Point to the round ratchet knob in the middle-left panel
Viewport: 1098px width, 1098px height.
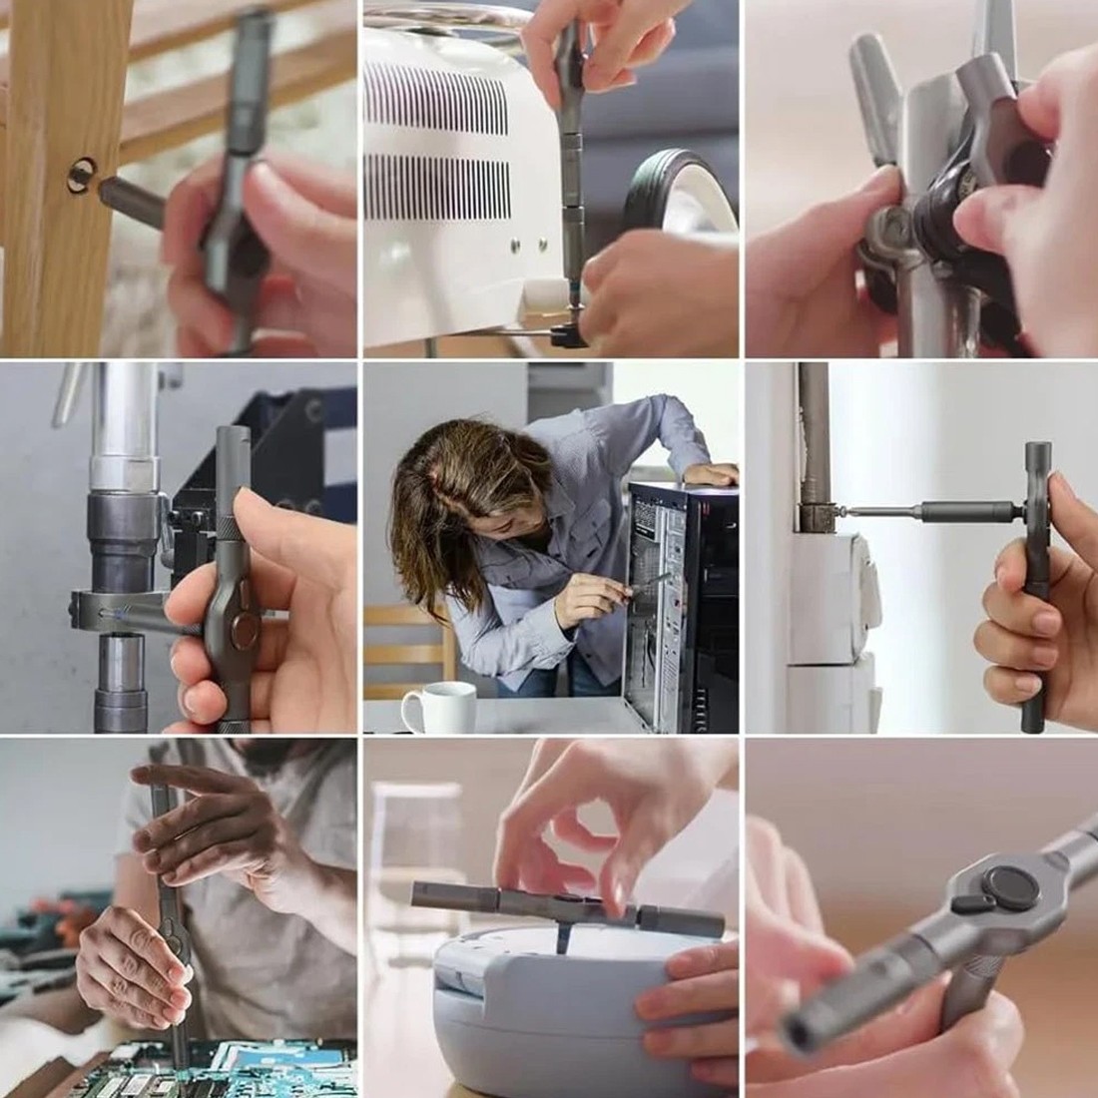coord(243,630)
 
